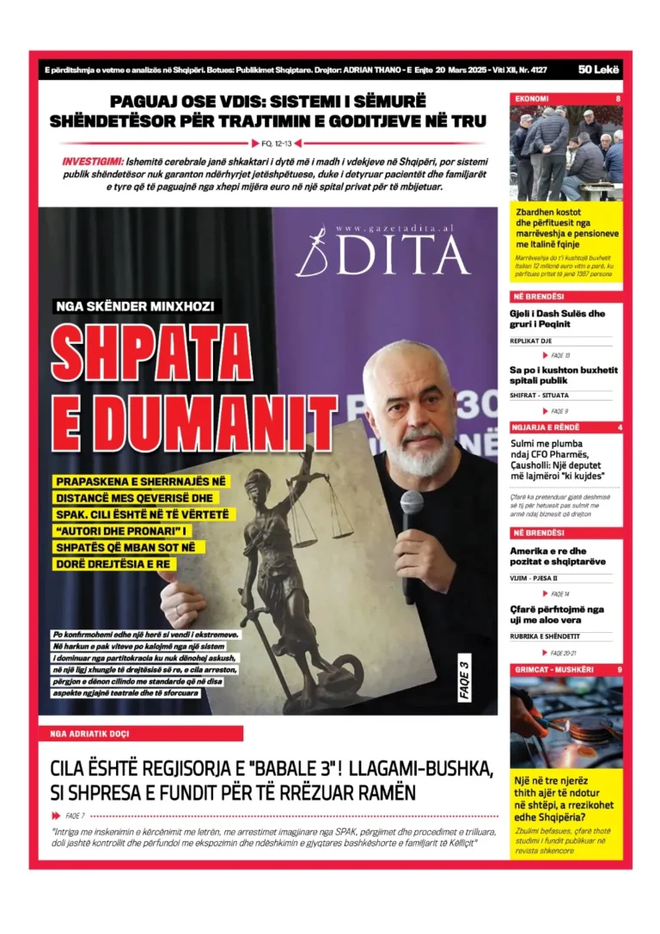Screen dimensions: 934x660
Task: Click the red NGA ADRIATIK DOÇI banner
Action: pos(141,734)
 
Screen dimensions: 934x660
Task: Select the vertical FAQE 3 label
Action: pos(465,679)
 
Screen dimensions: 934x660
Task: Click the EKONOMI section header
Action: pos(532,99)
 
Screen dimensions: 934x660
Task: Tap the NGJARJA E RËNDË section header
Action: pos(546,427)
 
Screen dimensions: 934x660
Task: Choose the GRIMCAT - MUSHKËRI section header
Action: pos(550,669)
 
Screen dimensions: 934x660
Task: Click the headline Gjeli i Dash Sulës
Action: pos(557,318)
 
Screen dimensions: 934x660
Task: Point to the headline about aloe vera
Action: pos(557,614)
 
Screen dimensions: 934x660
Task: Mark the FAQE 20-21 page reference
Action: pos(561,653)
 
